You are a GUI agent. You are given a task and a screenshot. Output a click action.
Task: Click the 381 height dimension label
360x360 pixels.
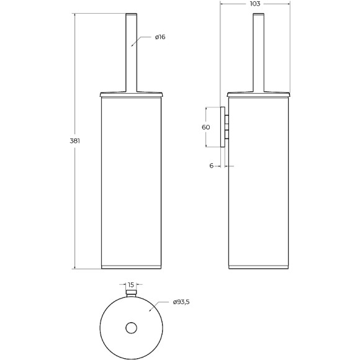coord(75,141)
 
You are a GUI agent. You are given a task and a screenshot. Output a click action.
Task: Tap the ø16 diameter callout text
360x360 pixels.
coord(160,37)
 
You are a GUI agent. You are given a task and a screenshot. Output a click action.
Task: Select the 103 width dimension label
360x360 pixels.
coord(255,4)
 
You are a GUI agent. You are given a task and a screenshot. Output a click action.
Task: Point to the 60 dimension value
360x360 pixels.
coord(205,127)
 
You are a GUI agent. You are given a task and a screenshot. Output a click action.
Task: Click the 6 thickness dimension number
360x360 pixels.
coord(212,166)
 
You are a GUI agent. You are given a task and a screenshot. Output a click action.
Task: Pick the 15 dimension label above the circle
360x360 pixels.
coord(130,285)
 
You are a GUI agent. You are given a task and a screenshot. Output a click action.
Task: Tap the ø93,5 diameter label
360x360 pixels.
coord(181,302)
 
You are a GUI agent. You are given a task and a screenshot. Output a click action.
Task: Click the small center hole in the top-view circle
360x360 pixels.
coord(132,328)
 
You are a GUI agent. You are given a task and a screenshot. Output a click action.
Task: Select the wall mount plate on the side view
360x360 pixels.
coord(222,127)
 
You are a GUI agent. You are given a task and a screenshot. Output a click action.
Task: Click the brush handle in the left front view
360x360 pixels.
coord(132,53)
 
